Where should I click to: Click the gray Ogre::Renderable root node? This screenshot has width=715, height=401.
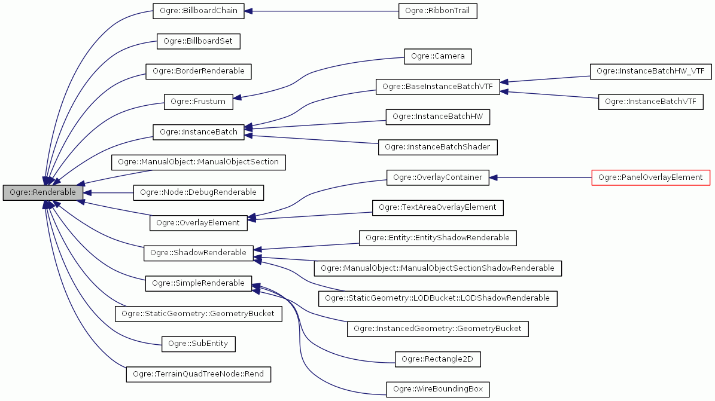pos(42,192)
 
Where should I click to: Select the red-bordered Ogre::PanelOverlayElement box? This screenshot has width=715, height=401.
pos(650,177)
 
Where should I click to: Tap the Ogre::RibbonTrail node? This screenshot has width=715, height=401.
pos(438,11)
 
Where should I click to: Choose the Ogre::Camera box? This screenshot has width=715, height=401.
pos(438,57)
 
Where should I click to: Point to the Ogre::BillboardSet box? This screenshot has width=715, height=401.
pos(198,41)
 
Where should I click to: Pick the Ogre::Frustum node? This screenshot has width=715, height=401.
pos(198,102)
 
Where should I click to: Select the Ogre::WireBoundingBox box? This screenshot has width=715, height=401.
pos(438,389)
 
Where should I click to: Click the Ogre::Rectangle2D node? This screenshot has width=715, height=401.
pos(438,359)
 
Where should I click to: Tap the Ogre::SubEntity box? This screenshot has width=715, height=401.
pos(199,344)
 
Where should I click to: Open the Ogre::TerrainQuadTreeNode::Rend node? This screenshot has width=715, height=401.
pos(198,374)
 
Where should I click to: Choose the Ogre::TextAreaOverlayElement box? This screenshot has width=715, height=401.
pos(438,207)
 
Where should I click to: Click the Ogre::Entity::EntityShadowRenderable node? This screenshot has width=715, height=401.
pos(438,238)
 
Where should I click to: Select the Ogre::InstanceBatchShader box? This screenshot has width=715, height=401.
pos(438,147)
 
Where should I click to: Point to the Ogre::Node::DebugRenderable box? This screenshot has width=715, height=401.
pos(198,192)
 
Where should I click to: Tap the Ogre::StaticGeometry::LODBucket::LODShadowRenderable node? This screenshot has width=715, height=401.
pos(438,298)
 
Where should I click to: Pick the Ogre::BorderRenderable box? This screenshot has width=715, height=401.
pos(199,71)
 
